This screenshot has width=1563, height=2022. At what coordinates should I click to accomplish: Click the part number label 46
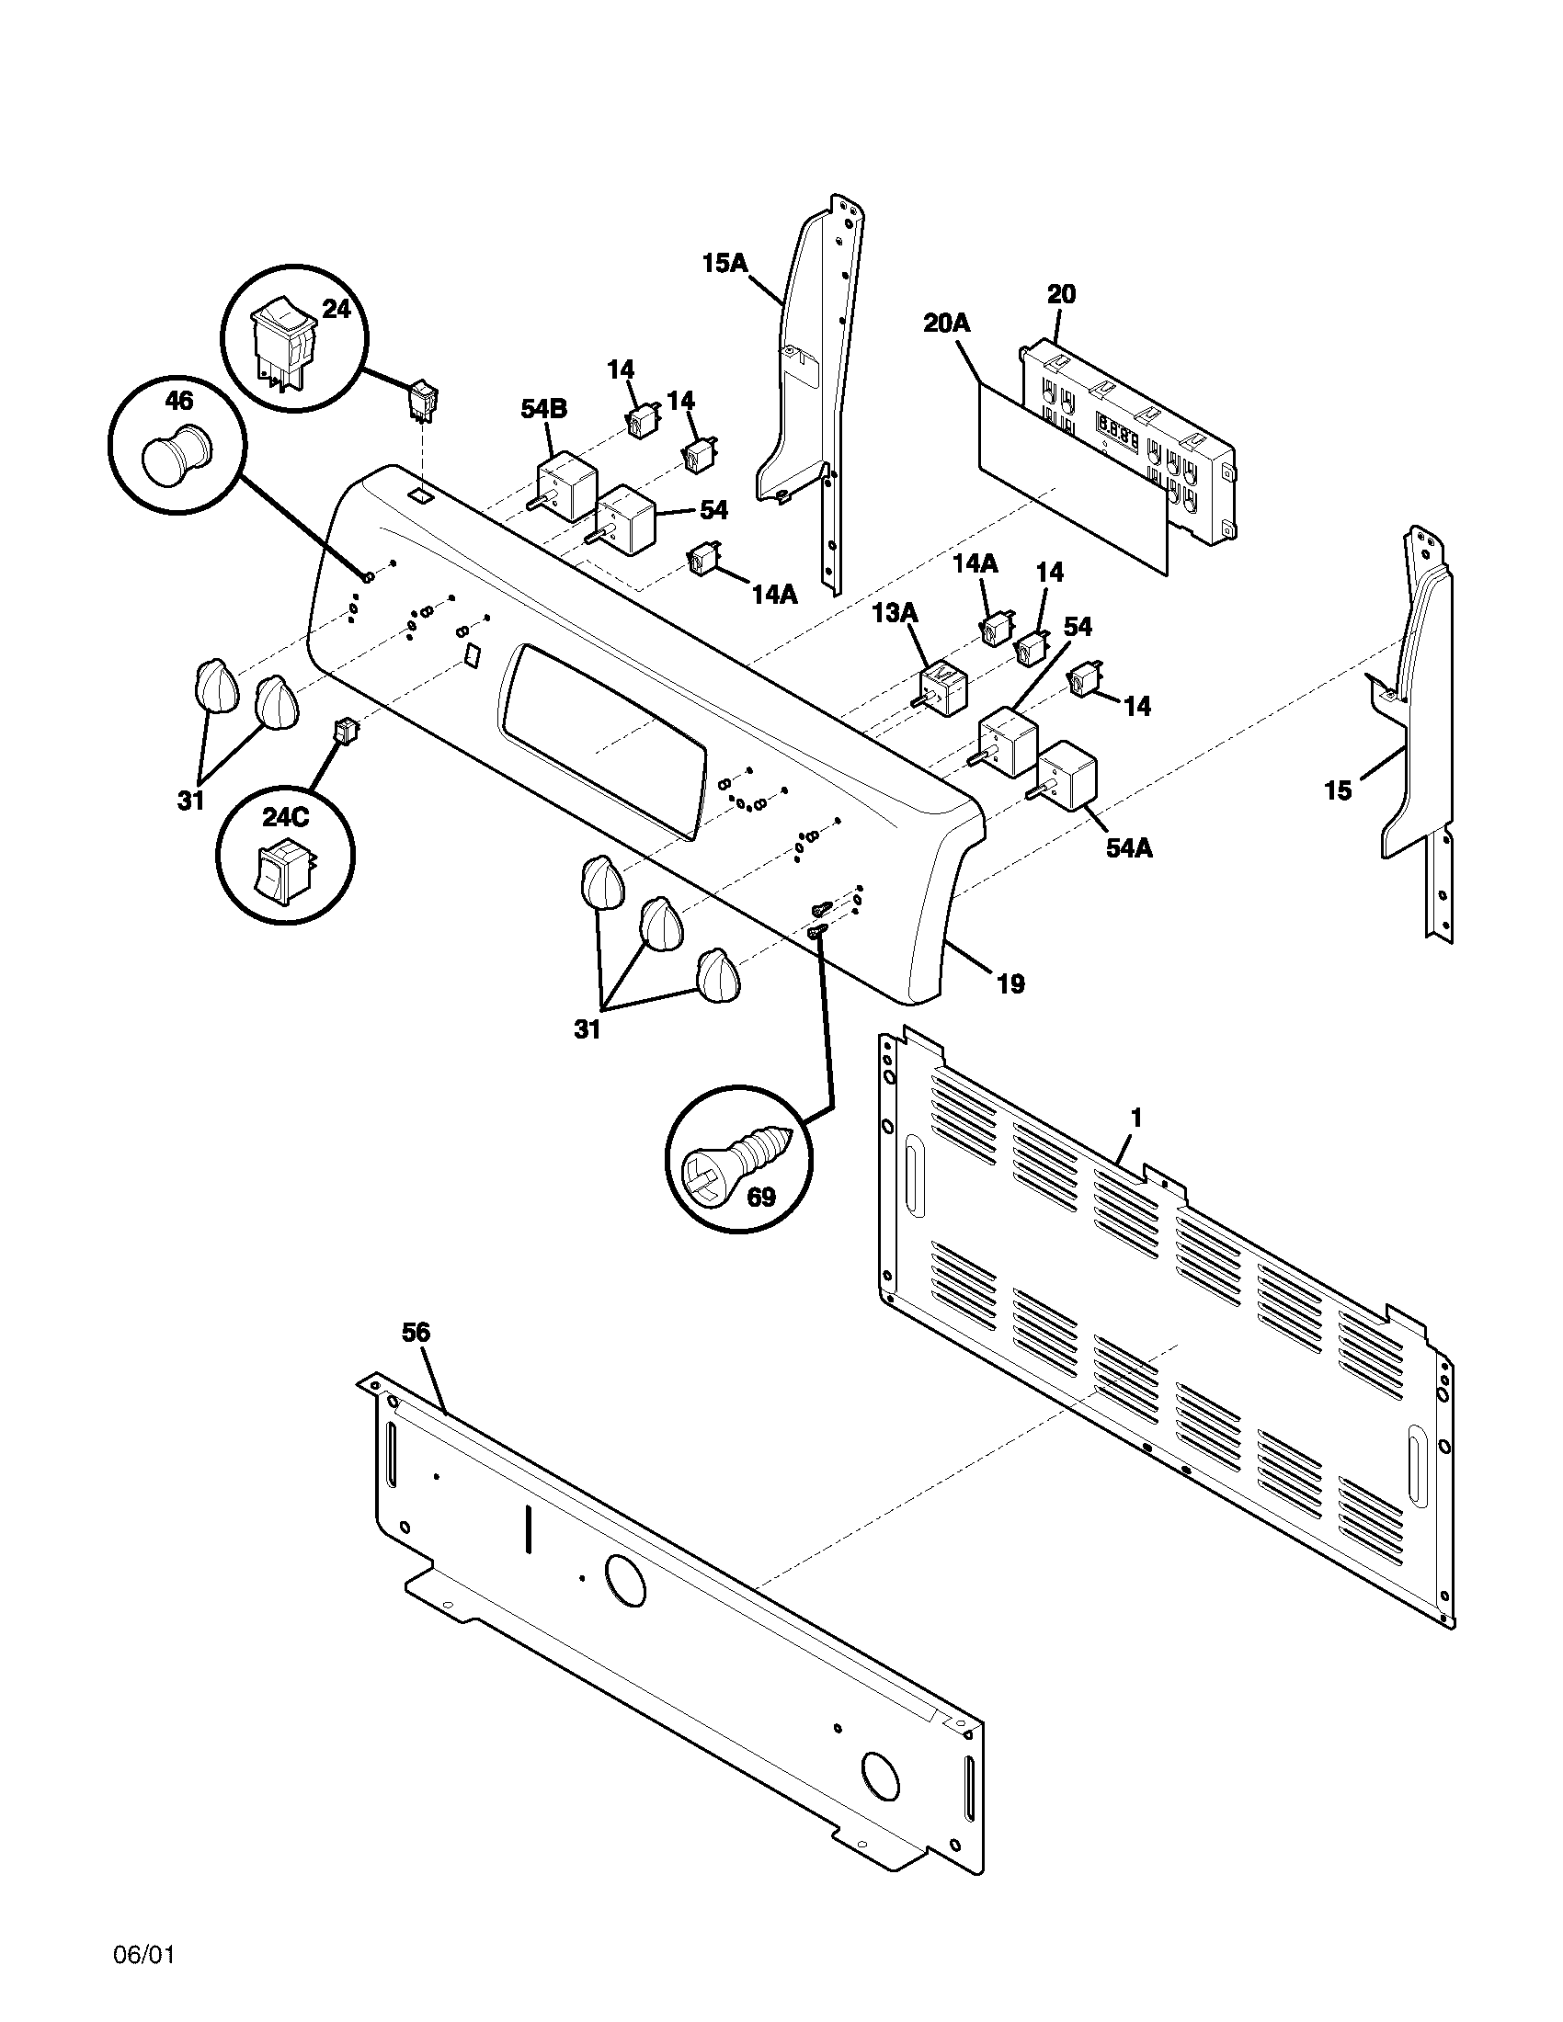pyautogui.click(x=178, y=401)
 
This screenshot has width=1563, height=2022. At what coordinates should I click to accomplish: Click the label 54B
pyautogui.click(x=544, y=409)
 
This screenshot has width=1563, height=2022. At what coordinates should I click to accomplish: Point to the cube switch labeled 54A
pyautogui.click(x=1067, y=775)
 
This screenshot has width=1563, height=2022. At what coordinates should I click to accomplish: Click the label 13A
pyautogui.click(x=895, y=612)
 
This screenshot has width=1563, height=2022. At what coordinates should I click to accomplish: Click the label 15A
pyautogui.click(x=724, y=263)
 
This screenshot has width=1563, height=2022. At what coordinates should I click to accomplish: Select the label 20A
pyautogui.click(x=946, y=324)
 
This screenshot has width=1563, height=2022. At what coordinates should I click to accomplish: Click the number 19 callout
pyautogui.click(x=1010, y=984)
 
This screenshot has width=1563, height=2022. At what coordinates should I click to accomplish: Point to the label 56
pyautogui.click(x=416, y=1333)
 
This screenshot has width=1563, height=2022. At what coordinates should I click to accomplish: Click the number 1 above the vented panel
pyautogui.click(x=1136, y=1118)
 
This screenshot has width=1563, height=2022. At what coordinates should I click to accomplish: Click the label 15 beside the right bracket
pyautogui.click(x=1337, y=790)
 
